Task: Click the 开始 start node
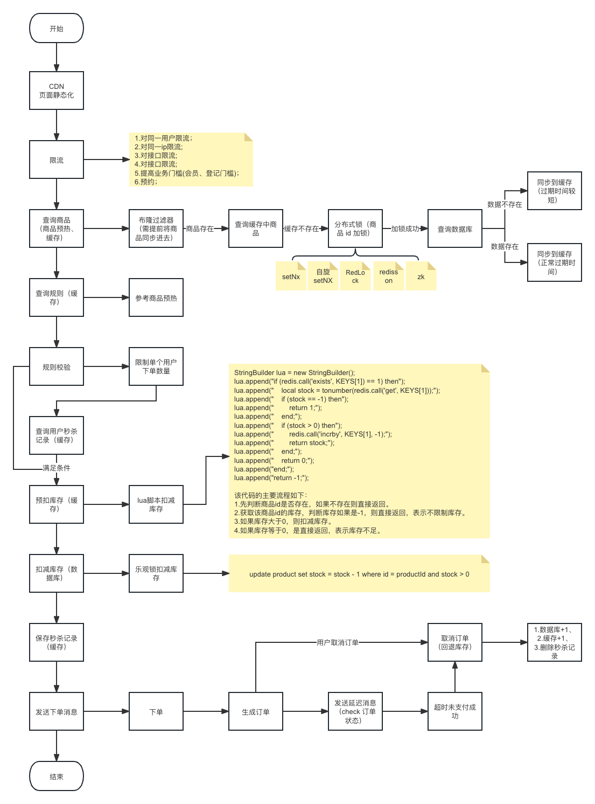57,29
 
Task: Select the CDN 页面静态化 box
57,91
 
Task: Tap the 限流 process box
57,160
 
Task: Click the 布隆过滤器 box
156,228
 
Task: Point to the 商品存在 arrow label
200,228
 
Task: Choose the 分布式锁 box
355,228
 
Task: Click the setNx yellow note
291,276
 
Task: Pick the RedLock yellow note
355,276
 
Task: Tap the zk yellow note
421,276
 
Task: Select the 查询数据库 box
455,229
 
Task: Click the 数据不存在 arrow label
505,204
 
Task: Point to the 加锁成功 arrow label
405,228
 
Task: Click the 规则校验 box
57,367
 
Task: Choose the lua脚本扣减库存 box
156,504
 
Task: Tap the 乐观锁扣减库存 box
156,573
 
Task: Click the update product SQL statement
359,574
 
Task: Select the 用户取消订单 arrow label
338,642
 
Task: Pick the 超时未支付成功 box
455,711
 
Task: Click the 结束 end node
57,777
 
